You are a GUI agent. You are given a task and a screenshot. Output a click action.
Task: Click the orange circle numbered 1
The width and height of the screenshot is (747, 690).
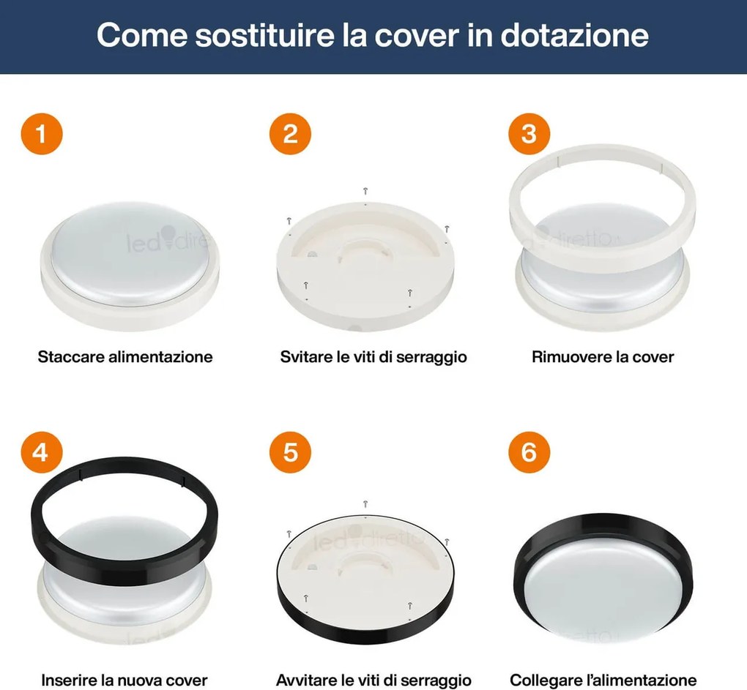point(42,134)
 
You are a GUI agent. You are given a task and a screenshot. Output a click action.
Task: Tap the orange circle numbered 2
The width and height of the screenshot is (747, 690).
point(290,134)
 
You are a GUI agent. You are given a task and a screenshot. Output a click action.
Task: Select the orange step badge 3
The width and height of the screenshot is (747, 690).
point(529,134)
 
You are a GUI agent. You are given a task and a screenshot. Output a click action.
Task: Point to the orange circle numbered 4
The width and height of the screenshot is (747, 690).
point(42,452)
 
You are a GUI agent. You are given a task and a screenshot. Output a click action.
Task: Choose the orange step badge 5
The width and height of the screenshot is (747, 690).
point(290,452)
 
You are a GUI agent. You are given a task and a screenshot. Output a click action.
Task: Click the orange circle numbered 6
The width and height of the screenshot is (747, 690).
point(529,452)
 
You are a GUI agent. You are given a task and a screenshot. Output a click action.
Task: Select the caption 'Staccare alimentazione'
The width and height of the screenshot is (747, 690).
point(125,357)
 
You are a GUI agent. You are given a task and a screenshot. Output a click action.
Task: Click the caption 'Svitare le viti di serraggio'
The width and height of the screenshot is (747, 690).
point(373,357)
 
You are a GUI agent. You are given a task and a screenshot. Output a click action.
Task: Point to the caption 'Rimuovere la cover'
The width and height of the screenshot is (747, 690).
point(603,357)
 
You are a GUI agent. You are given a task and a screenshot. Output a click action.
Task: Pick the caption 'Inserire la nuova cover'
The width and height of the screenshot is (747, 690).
point(124,680)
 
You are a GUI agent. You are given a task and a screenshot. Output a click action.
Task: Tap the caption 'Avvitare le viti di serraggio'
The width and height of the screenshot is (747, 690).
point(373,680)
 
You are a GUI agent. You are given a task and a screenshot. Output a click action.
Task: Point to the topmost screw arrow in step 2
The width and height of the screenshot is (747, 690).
point(365,191)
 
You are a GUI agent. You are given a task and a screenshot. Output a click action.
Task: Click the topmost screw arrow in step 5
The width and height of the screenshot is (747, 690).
point(365,503)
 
